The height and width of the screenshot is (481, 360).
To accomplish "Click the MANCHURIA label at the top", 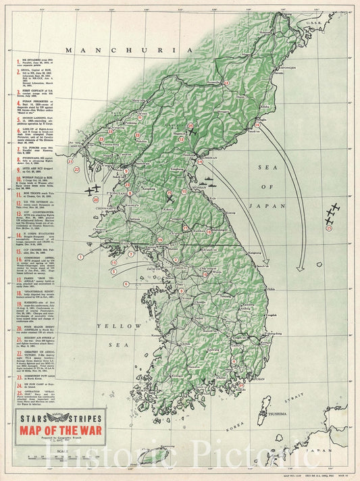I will tap(120, 50).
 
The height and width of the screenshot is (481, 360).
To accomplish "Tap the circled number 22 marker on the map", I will tap(77, 170).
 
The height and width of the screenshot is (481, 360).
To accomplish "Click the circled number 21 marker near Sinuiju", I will tap(70, 161).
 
